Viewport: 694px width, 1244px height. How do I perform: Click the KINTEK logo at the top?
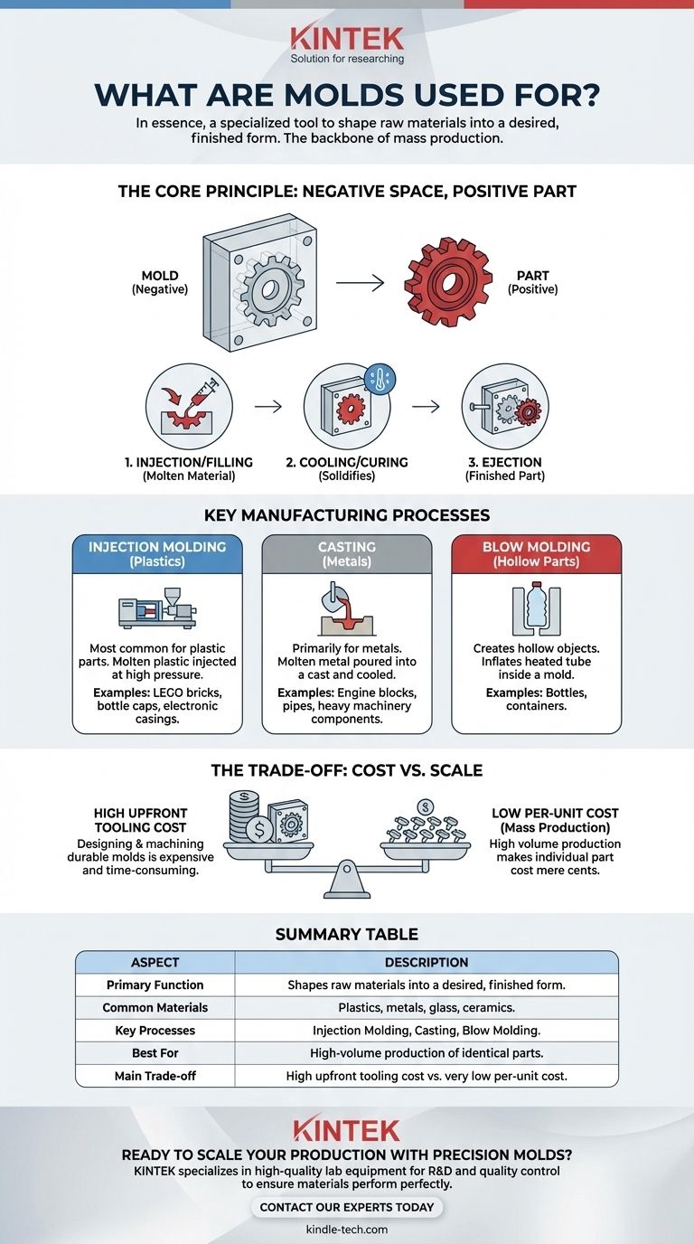[347, 39]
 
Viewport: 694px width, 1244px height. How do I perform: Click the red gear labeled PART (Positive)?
[442, 283]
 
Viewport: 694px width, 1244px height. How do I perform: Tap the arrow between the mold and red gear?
[360, 284]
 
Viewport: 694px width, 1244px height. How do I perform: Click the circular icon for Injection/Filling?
[189, 407]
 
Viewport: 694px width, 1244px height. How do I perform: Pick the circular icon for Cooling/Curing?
[347, 407]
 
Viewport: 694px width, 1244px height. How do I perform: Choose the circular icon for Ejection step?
[504, 407]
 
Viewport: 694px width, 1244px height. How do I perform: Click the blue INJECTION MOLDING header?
[157, 554]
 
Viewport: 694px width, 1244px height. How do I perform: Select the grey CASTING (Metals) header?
[347, 554]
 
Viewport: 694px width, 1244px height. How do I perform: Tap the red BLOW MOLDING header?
[536, 554]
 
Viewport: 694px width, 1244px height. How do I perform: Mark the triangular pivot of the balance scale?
[347, 878]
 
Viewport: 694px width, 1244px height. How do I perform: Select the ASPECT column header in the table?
[155, 963]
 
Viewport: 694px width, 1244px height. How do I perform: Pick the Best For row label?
[155, 1053]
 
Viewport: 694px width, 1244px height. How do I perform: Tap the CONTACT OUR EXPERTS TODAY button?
[347, 1207]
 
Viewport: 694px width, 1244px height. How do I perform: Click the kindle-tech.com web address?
[347, 1230]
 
